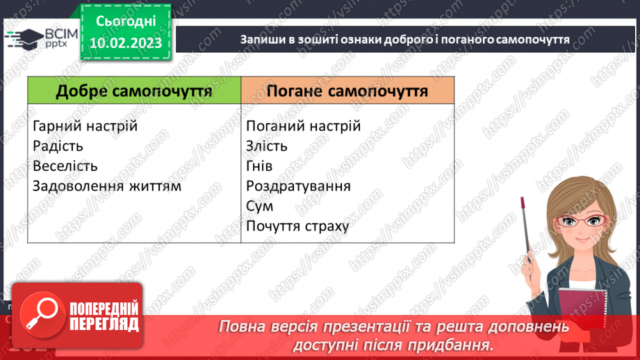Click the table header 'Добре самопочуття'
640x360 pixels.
[134, 92]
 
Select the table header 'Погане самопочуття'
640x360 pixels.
[347, 92]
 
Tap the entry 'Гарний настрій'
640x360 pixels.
[85, 126]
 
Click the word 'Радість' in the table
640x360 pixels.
[58, 147]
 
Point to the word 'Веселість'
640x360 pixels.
[65, 167]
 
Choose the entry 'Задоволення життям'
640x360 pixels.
[106, 186]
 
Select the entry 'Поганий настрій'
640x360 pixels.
[303, 126]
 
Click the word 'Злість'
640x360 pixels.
[266, 147]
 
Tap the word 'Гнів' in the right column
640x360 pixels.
[259, 167]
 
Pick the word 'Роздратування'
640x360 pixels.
[298, 186]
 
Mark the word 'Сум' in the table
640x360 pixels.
[259, 206]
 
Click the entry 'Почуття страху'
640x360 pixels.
[297, 227]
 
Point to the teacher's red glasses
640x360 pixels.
[578, 221]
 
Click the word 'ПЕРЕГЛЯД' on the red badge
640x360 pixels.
[104, 324]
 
